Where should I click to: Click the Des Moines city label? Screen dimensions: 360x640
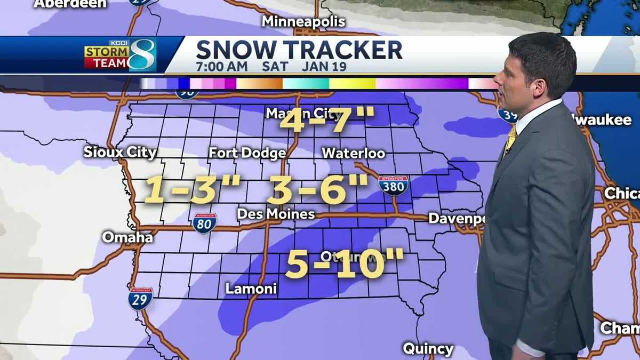point(276,214)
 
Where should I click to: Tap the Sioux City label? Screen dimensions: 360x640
point(120,152)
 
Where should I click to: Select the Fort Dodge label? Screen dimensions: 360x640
point(247,153)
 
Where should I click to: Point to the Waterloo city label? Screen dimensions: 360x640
point(353,153)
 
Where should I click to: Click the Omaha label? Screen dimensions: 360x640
point(127,237)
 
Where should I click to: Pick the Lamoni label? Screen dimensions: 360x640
point(251,289)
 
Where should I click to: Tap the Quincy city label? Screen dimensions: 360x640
point(428,349)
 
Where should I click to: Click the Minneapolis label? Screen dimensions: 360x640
point(303,22)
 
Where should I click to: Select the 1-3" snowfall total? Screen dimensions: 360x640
point(192,190)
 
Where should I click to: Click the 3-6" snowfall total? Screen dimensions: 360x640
point(318,189)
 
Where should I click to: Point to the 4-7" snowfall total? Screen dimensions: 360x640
point(327,122)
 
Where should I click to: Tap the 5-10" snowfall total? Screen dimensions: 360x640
point(345,264)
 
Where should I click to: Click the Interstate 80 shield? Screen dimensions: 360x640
point(205,223)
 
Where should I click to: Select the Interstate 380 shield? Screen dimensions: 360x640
point(394,185)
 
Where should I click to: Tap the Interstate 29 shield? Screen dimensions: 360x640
point(140,298)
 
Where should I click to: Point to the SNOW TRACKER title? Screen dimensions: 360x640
point(299,50)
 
